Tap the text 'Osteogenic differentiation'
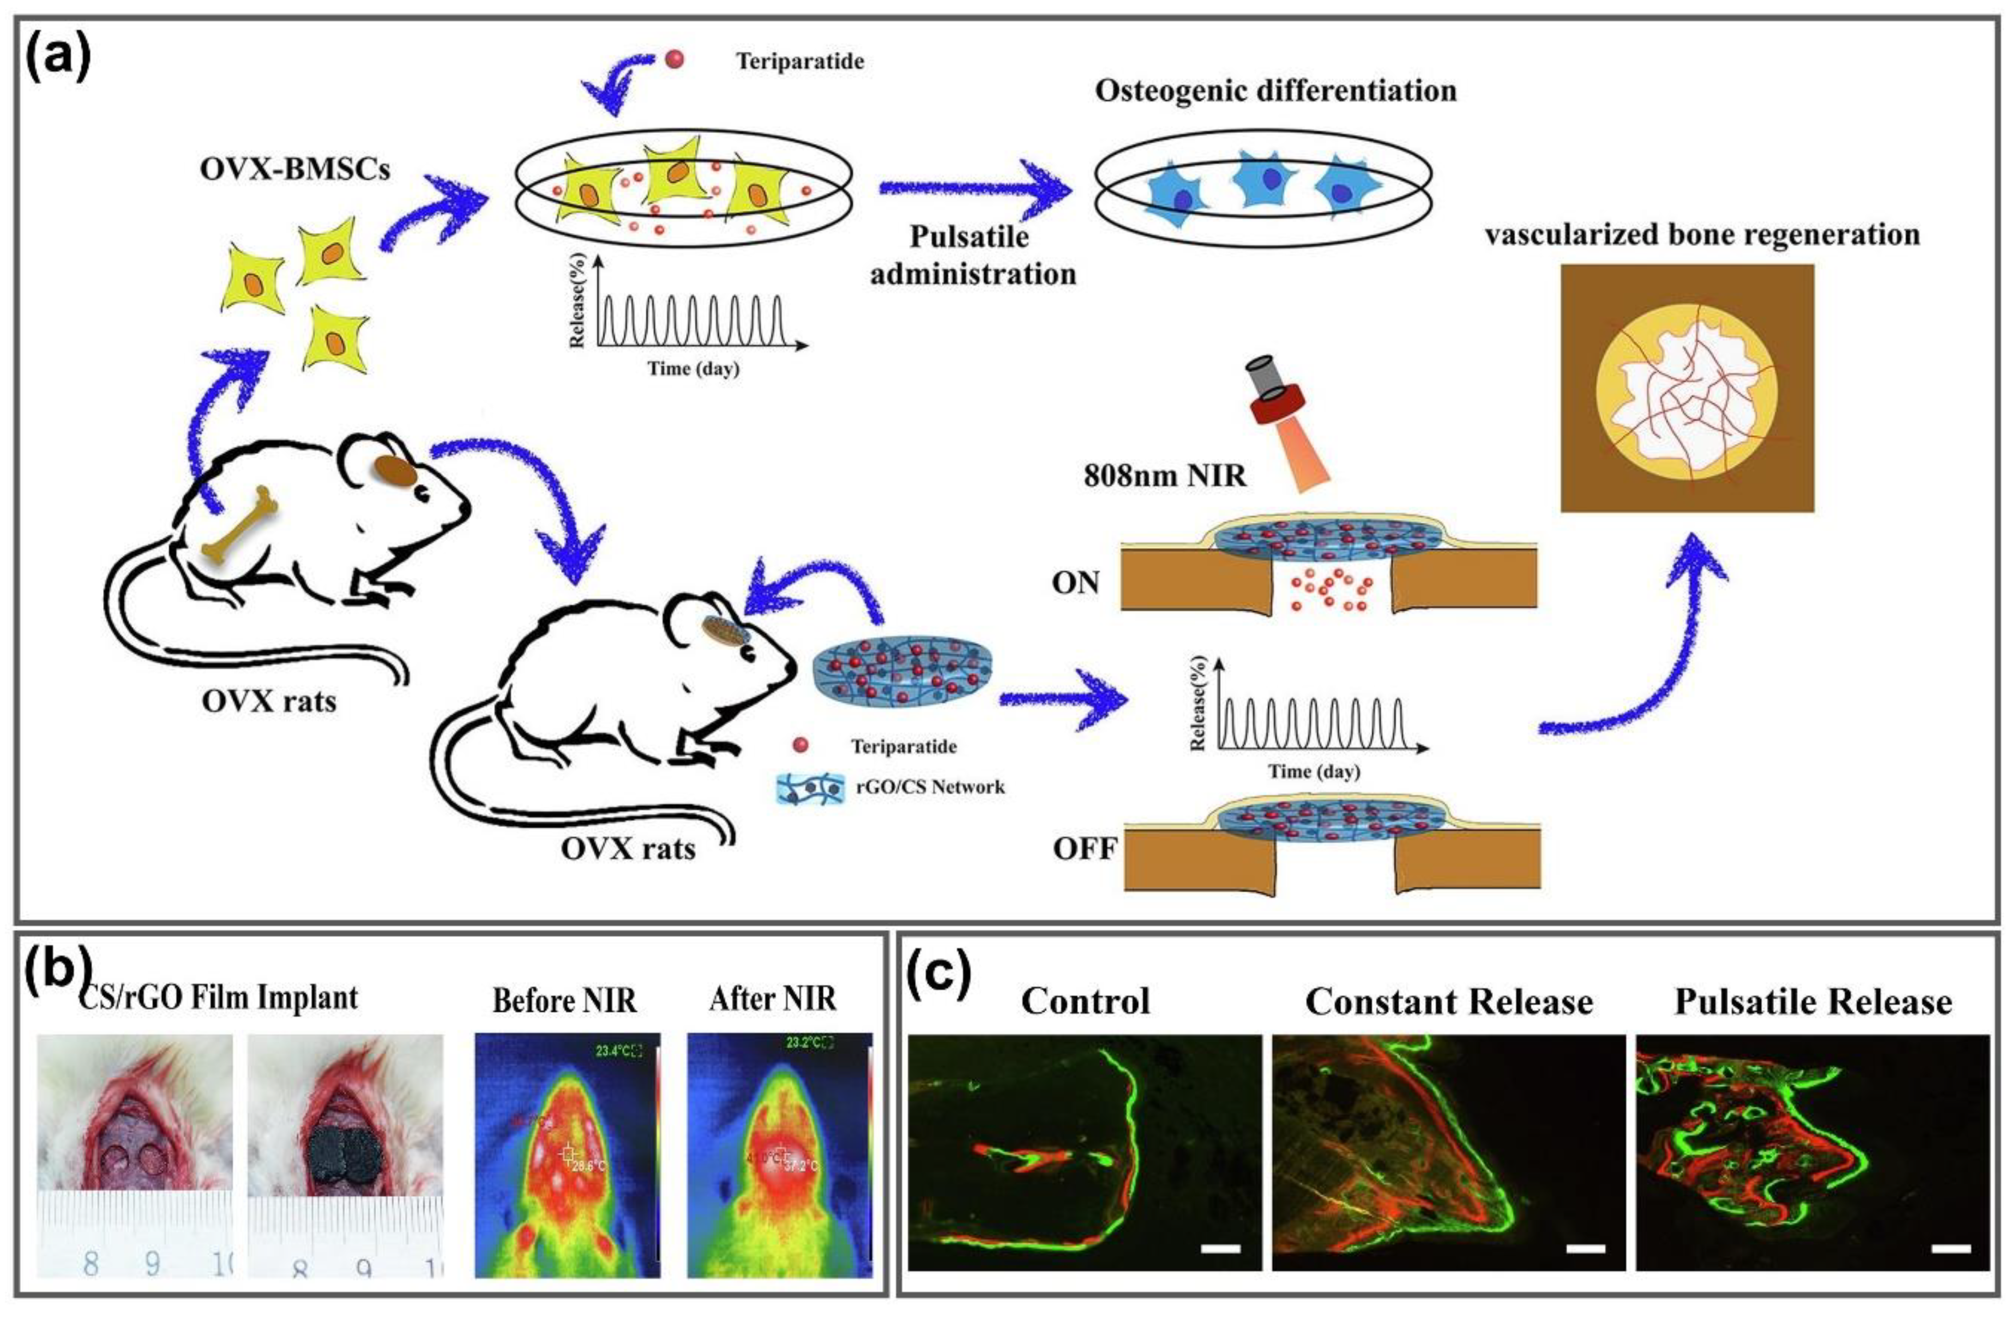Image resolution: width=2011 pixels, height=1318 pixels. pos(1276,91)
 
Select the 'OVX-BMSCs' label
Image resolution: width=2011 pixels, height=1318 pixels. pos(295,169)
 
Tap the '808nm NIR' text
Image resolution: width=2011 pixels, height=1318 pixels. pos(1164,476)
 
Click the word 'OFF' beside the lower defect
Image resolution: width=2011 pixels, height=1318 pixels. pos(1084,848)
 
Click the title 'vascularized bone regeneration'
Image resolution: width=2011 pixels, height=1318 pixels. pos(1702,234)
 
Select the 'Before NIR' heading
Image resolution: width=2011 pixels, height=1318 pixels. pos(564,1000)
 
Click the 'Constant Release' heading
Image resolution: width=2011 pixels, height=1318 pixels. pos(1449,1002)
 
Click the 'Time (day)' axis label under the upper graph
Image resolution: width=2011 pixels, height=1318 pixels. pos(693,368)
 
